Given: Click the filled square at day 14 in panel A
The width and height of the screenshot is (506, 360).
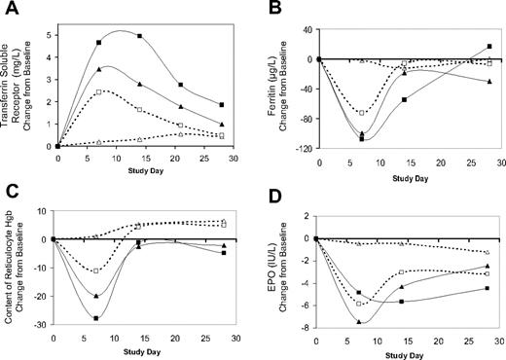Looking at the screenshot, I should click(x=139, y=36).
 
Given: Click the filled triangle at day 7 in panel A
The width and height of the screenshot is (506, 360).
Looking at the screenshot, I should click(x=98, y=69).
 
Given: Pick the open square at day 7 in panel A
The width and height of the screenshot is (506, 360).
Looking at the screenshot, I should click(x=98, y=92).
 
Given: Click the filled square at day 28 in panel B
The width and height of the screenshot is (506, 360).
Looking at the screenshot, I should click(x=489, y=46).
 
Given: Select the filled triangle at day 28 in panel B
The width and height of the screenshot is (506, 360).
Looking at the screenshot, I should click(x=489, y=82).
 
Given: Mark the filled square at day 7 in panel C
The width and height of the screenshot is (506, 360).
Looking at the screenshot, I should click(x=95, y=318).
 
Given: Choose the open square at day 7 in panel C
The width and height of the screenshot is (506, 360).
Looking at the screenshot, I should click(x=95, y=270).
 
